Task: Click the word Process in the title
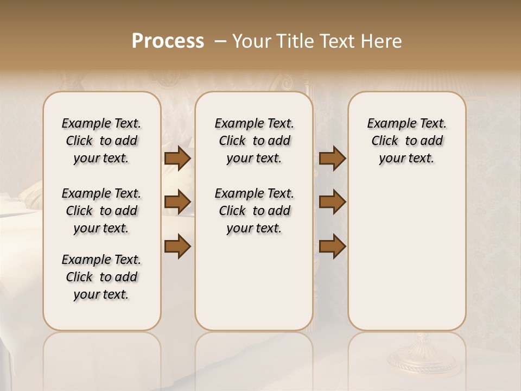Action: pos(168,41)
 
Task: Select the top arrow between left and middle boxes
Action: pos(177,159)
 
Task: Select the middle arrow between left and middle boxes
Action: pos(177,202)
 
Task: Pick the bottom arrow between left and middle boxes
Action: pos(177,247)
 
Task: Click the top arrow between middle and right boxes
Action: pos(332,159)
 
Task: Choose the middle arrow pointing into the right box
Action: pos(332,202)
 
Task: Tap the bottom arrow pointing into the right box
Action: pos(332,247)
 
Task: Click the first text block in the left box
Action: pos(101,141)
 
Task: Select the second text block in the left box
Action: pos(101,211)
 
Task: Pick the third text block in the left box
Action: pos(101,277)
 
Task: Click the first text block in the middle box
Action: pos(254,141)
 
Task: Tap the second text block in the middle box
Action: pos(254,211)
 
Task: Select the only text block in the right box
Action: pos(406,141)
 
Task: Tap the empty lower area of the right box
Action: pos(406,261)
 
